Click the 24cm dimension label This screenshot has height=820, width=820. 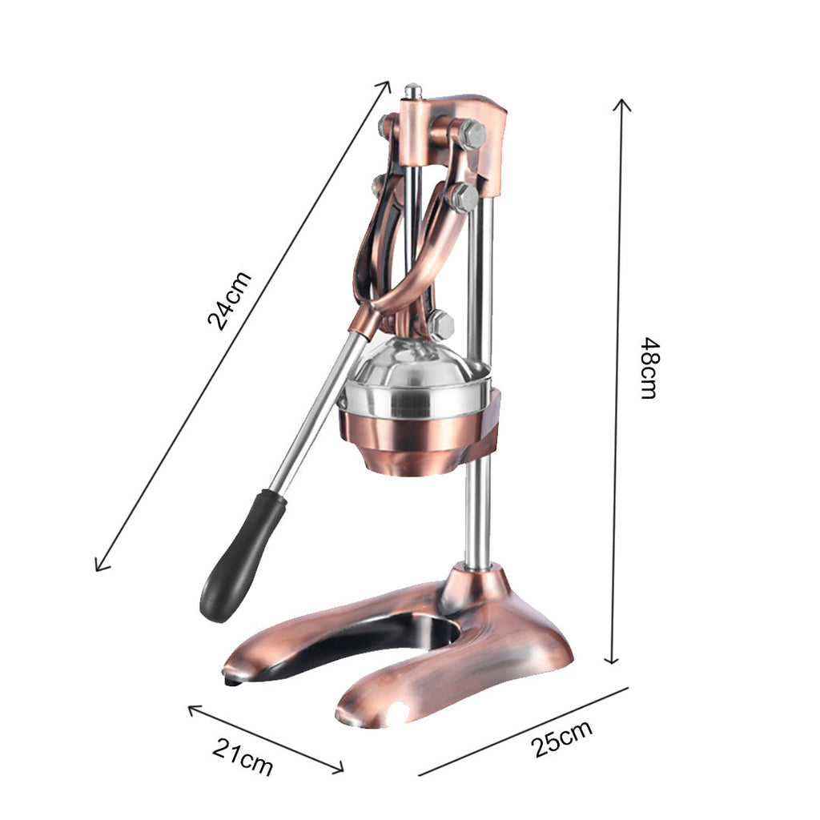(230, 300)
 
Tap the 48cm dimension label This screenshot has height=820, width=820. (649, 368)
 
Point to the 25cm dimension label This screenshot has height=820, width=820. (562, 738)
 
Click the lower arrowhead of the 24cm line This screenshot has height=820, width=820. (98, 568)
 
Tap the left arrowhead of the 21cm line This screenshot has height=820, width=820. (191, 708)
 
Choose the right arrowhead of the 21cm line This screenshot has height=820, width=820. (340, 770)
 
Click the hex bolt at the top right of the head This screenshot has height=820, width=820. (472, 134)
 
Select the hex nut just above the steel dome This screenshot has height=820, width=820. (440, 324)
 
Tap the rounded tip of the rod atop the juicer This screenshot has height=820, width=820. (412, 89)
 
